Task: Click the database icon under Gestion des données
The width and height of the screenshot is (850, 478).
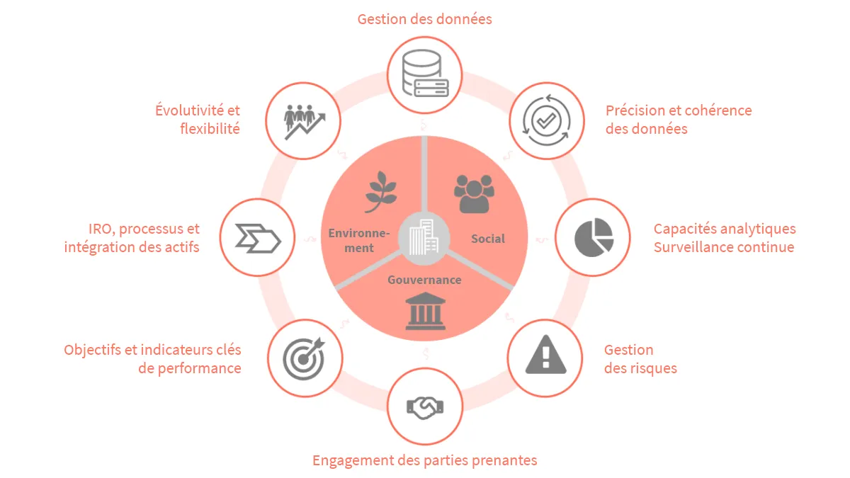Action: click(x=425, y=74)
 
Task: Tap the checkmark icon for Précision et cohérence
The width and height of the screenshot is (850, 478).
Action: click(x=546, y=120)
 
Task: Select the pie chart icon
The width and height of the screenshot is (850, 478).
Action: click(x=594, y=237)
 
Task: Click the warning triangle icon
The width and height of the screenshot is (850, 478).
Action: click(x=545, y=354)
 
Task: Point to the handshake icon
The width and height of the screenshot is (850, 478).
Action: click(x=425, y=407)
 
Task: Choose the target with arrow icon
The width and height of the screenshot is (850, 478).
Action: click(x=304, y=358)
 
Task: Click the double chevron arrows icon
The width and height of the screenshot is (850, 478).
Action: click(x=258, y=238)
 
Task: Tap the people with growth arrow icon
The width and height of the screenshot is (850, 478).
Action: click(x=305, y=122)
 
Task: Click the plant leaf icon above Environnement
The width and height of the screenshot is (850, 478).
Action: click(x=380, y=192)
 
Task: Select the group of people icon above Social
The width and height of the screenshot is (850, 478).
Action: click(x=474, y=194)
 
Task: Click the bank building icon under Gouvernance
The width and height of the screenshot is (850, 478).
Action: click(x=425, y=311)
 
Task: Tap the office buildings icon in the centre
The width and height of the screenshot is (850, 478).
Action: click(x=424, y=237)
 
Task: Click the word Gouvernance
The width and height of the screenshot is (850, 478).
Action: click(x=424, y=280)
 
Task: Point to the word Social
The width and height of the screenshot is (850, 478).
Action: click(x=488, y=239)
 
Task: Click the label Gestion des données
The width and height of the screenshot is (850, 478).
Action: click(x=424, y=19)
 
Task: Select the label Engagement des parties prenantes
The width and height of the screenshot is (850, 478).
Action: click(x=424, y=460)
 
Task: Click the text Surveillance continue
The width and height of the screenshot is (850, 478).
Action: click(x=724, y=247)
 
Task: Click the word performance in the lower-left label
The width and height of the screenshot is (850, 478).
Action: click(x=199, y=369)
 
